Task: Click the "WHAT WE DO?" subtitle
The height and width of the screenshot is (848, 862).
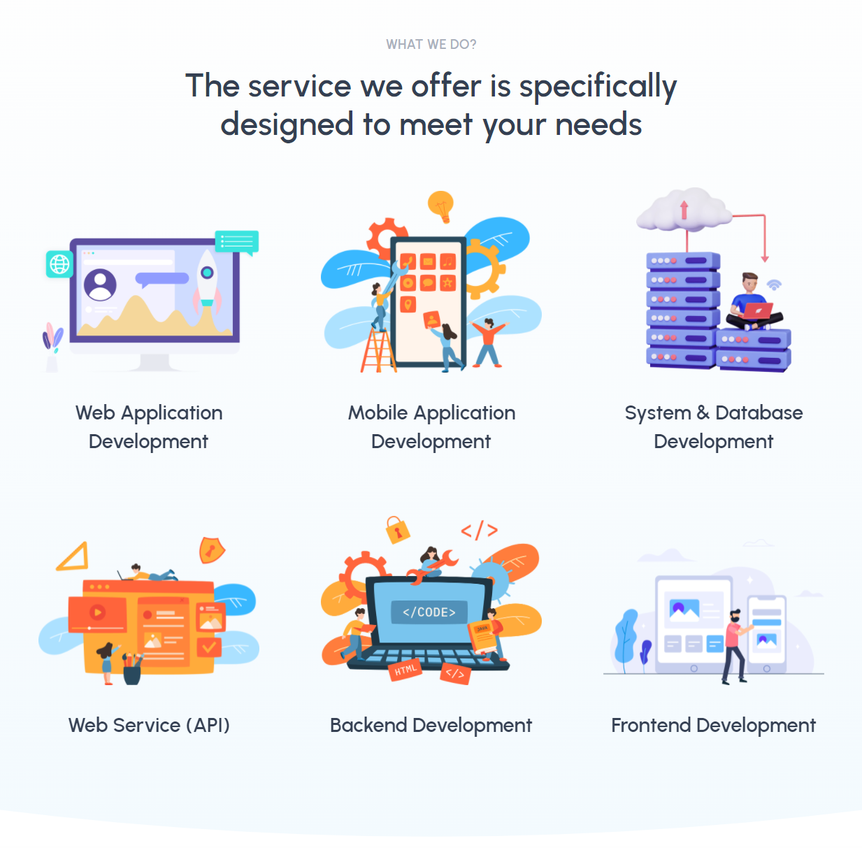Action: tap(431, 45)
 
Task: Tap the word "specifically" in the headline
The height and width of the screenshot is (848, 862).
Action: tap(598, 87)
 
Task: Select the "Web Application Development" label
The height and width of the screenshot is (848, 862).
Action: tap(149, 426)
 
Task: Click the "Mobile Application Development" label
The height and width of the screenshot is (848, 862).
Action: tap(431, 426)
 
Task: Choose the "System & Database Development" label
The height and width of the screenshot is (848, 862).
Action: tap(713, 426)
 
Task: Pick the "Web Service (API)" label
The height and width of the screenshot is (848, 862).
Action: tap(149, 725)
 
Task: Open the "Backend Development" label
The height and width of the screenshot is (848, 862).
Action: tap(431, 725)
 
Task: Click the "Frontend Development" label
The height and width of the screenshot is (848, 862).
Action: tap(713, 725)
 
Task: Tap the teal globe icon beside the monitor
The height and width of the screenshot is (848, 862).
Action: tap(59, 264)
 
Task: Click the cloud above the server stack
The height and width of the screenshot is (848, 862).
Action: tap(683, 210)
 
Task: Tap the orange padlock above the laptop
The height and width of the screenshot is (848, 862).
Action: tap(398, 531)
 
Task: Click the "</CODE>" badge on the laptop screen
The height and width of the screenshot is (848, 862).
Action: tap(429, 612)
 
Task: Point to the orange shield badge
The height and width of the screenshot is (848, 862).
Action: tap(211, 550)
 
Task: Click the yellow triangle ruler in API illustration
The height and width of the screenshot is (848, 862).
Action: tap(73, 557)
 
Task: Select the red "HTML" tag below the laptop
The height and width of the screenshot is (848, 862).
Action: tap(405, 670)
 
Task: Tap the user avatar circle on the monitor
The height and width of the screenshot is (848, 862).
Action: tap(101, 285)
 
